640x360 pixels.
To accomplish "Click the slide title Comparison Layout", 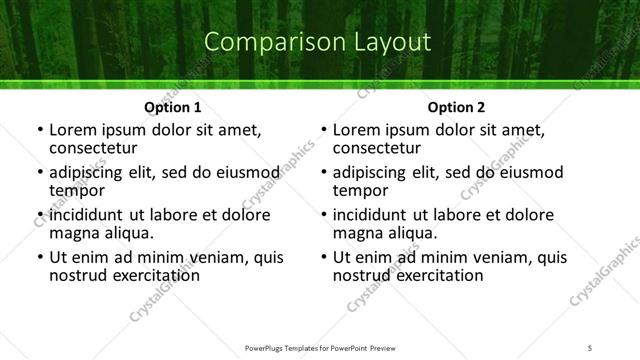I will [318, 43].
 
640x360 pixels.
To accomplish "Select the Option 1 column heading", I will [173, 107].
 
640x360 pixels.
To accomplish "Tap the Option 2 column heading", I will [456, 107].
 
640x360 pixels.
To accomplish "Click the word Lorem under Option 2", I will [357, 130].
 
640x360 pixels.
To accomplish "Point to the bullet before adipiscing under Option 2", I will [323, 173].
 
